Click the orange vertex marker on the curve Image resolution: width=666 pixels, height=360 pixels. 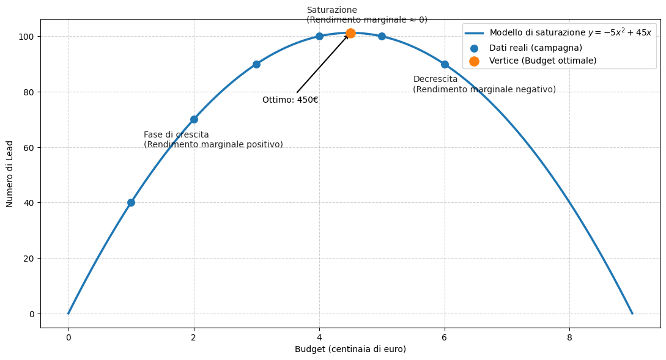350,33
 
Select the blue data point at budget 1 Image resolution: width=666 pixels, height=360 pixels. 131,202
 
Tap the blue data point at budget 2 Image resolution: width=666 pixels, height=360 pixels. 194,119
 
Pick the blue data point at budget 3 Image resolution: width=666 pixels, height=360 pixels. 256,64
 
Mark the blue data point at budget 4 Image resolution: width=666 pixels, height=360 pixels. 319,36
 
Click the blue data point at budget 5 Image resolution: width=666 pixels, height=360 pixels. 382,36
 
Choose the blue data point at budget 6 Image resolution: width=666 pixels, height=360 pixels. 445,64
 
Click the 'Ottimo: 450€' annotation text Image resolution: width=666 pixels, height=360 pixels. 290,100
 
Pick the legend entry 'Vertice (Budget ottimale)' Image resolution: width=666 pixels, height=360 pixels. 542,61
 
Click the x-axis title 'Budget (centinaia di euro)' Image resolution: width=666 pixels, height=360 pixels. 350,349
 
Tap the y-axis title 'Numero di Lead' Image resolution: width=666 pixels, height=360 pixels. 10,174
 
